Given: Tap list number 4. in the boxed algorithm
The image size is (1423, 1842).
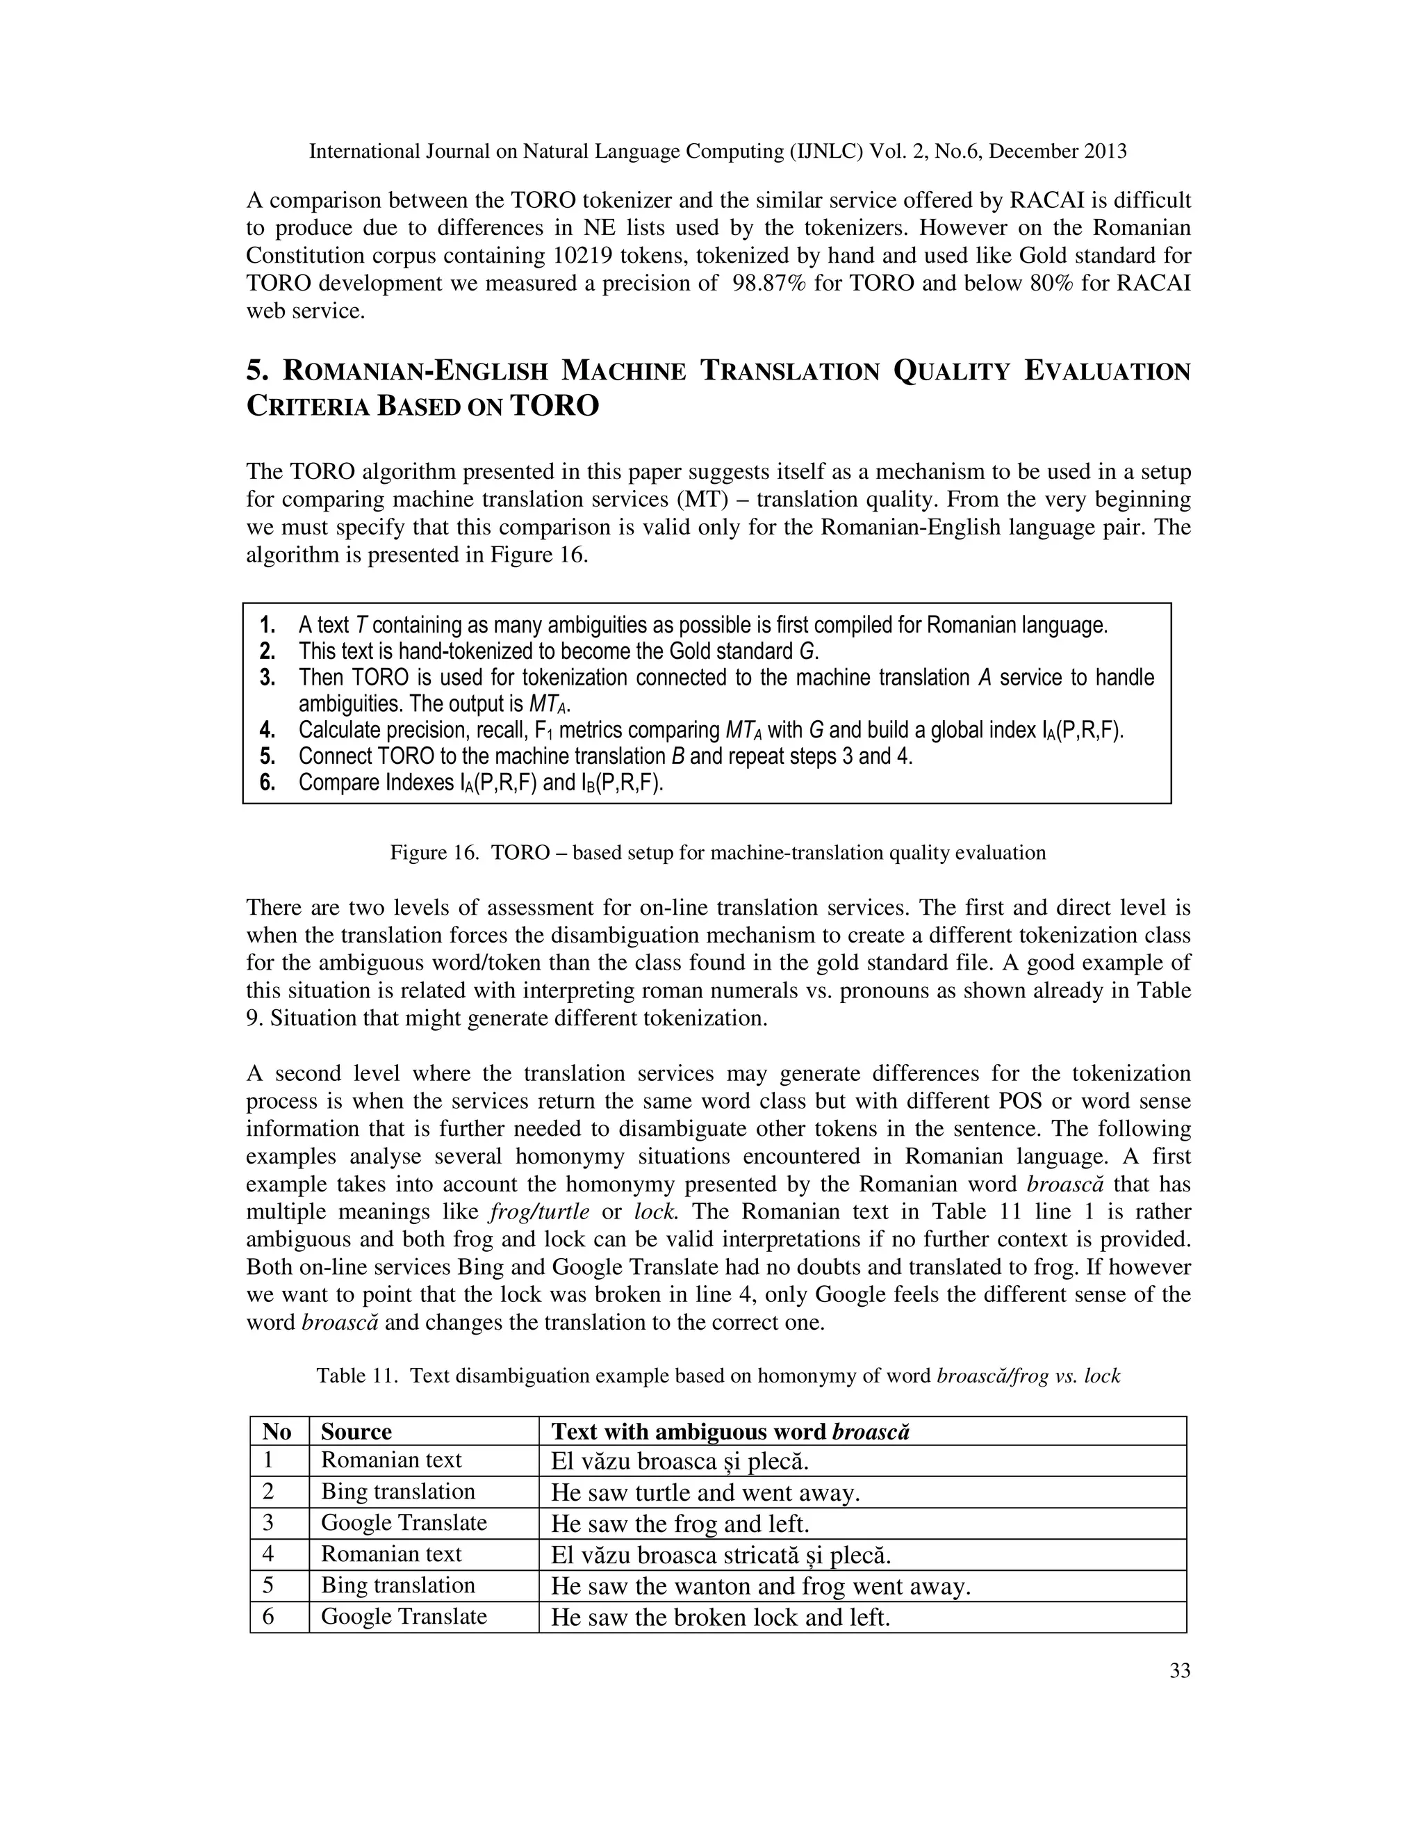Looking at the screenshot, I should click(268, 731).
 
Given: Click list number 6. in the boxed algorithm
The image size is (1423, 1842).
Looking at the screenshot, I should click(268, 783).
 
